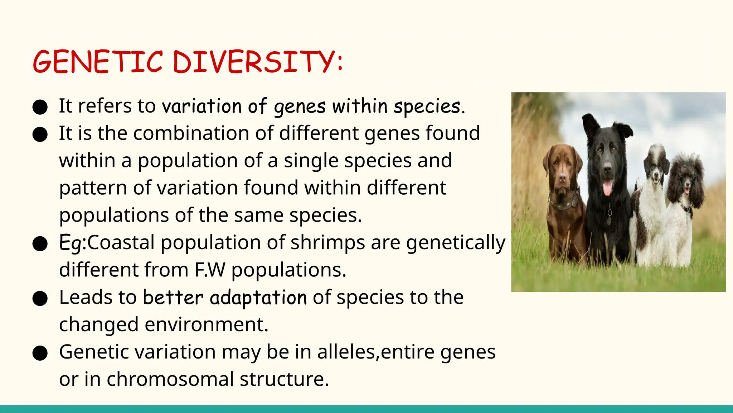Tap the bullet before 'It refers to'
point(40,107)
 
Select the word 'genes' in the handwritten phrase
point(300,106)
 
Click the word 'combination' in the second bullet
point(191,133)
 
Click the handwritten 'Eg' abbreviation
point(70,243)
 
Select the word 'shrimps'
point(327,243)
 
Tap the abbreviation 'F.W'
point(210,270)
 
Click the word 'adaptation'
point(258,298)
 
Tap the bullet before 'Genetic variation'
point(40,353)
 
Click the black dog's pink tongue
point(608,187)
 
